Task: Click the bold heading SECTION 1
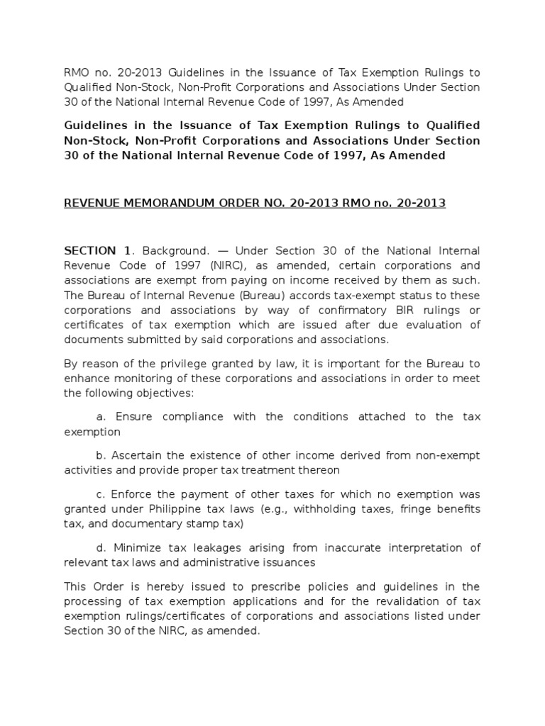(x=98, y=251)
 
